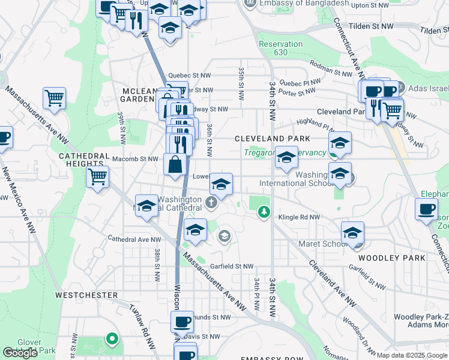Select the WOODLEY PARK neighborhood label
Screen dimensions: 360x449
coord(394,257)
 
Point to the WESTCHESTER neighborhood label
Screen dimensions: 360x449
coord(86,295)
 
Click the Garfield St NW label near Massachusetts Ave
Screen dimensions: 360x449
coord(232,266)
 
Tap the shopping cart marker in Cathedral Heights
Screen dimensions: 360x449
coord(98,177)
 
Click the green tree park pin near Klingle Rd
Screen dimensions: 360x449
coord(263,211)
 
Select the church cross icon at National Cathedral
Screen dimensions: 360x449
coord(211,203)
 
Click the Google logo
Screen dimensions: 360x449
coord(20,353)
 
